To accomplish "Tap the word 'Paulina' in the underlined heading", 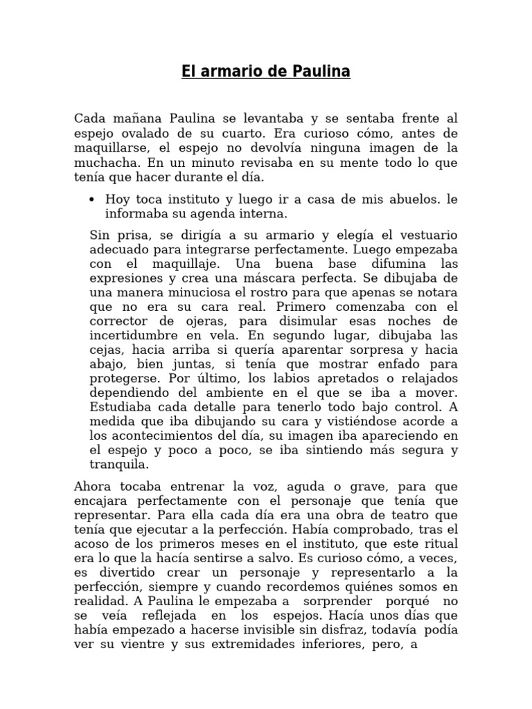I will pos(320,71).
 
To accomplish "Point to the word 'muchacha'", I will pos(101,163).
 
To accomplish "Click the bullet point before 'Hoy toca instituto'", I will pos(92,199).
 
